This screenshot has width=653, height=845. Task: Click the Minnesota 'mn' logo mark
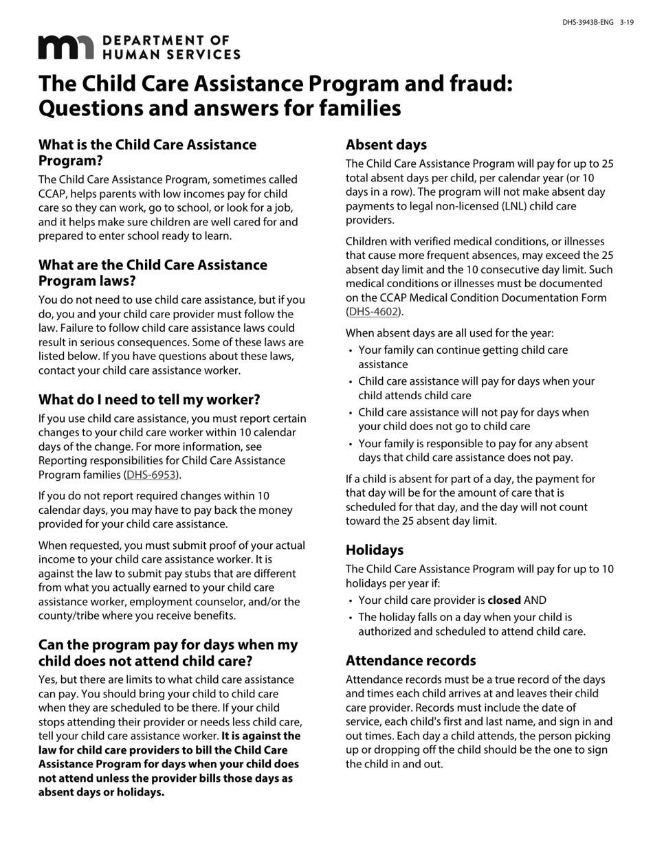(65, 47)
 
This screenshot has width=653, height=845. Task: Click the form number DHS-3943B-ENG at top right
(588, 23)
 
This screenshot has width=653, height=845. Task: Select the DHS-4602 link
(373, 312)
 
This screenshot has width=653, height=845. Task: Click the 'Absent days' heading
(386, 145)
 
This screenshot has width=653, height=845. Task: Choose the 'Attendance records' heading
(410, 661)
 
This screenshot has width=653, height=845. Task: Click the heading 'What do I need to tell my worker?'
(149, 400)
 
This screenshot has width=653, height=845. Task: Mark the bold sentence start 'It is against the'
(261, 736)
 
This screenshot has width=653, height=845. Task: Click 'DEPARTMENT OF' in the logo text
(166, 41)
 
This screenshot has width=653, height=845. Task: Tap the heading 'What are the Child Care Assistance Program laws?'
(153, 273)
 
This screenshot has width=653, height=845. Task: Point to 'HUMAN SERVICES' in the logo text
(171, 54)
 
